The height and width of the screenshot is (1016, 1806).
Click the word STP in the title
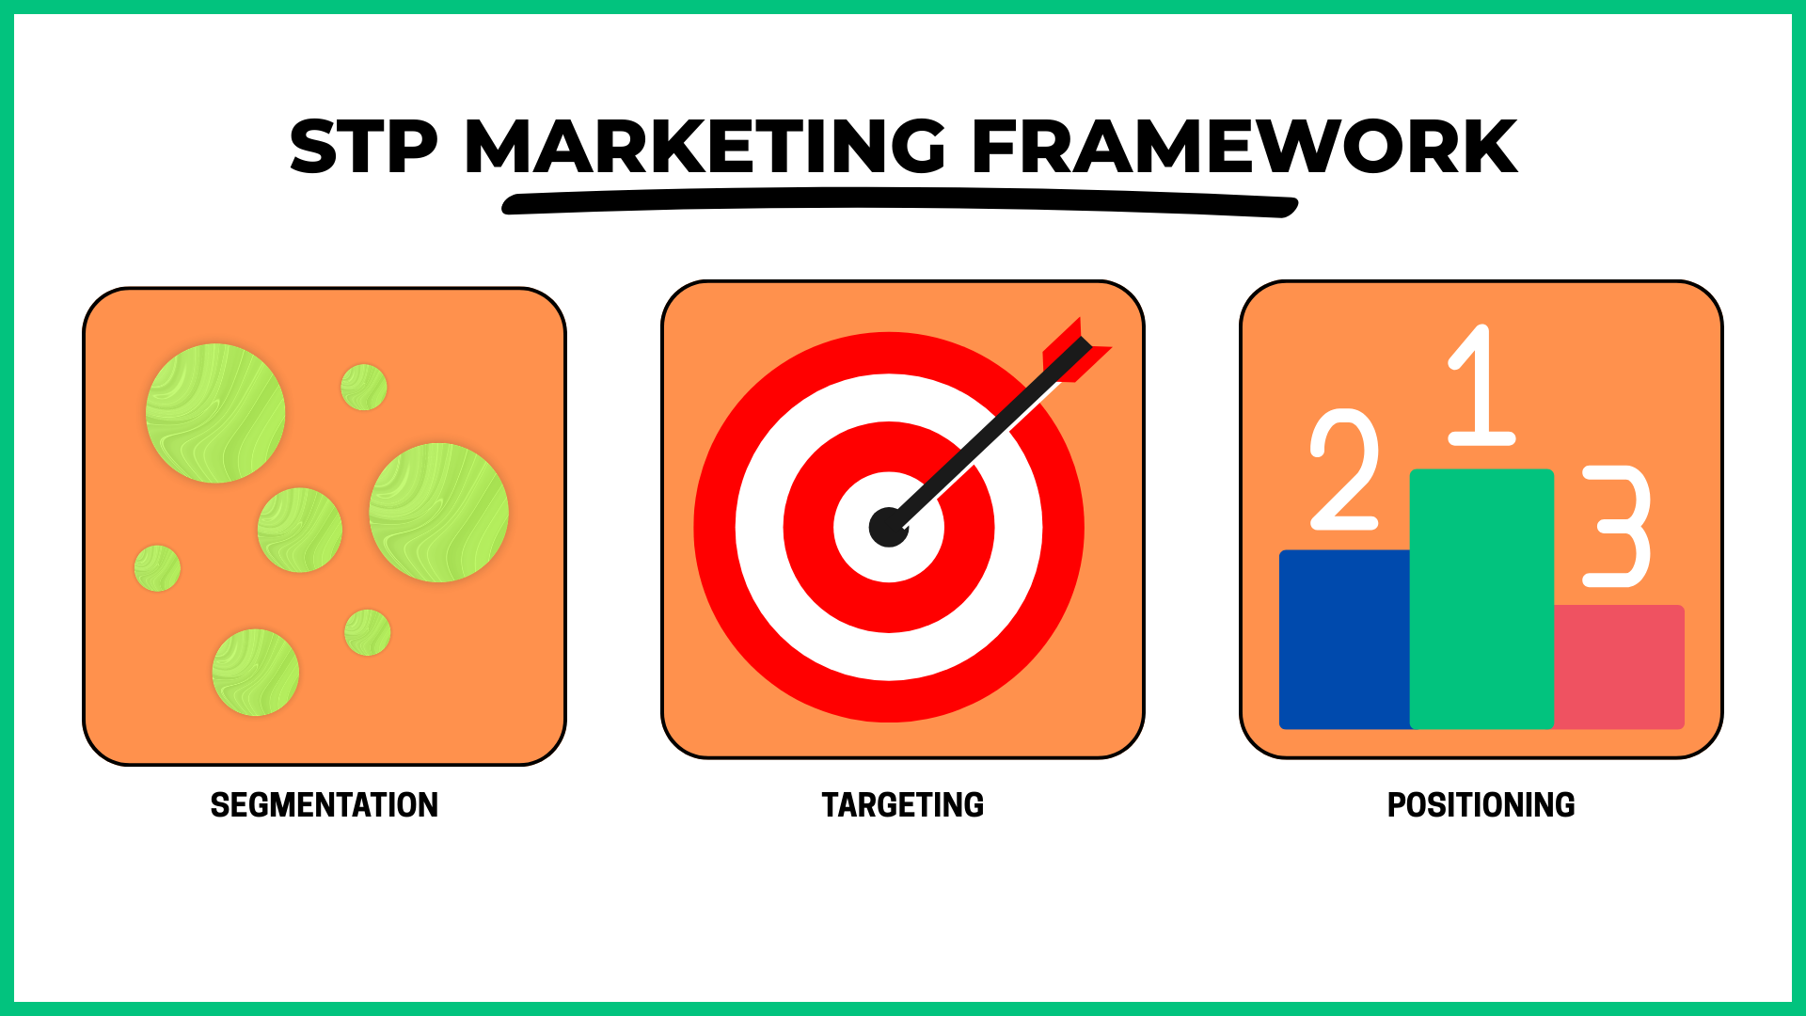364,147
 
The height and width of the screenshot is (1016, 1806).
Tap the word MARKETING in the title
705,147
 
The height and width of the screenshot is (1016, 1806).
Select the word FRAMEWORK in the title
1244,147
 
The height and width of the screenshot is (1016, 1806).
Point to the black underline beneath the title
900,202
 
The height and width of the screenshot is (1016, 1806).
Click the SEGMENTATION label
325,805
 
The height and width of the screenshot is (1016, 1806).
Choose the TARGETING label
903,805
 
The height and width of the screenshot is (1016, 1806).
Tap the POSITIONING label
1481,805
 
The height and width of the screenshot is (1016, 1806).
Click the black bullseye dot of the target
888,527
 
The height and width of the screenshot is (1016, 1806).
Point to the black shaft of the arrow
988,435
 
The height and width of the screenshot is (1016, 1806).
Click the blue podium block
1345,640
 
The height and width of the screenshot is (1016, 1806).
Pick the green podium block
1481,599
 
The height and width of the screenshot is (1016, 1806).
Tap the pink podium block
1619,667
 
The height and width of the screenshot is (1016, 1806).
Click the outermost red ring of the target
715,527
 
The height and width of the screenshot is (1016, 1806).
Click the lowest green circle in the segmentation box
255,673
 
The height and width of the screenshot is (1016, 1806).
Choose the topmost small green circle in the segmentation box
364,388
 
